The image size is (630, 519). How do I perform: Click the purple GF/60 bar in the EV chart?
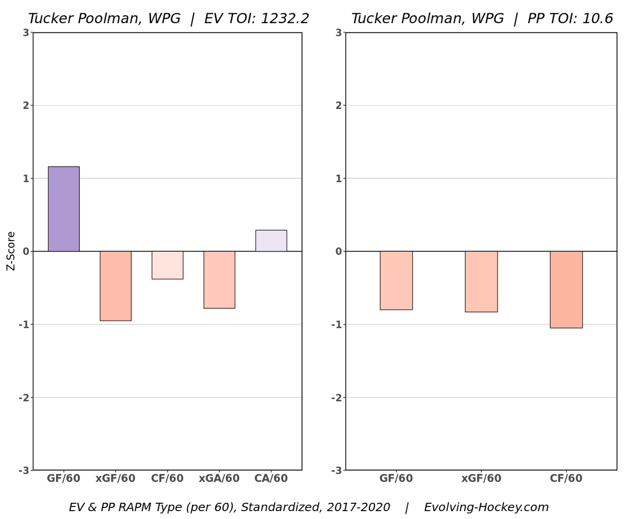pyautogui.click(x=64, y=209)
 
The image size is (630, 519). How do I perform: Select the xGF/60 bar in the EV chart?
pyautogui.click(x=115, y=286)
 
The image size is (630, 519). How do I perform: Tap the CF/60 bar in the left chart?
pyautogui.click(x=167, y=265)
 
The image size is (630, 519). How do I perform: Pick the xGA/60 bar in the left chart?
pyautogui.click(x=219, y=279)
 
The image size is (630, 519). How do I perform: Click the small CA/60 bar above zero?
pyautogui.click(x=271, y=241)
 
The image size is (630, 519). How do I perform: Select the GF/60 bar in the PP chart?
pyautogui.click(x=396, y=281)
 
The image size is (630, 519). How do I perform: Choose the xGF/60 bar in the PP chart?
pyautogui.click(x=481, y=282)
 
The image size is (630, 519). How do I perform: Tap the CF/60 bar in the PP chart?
pyautogui.click(x=566, y=289)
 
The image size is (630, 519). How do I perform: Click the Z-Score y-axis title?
pyautogui.click(x=11, y=251)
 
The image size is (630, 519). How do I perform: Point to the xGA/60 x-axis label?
pyautogui.click(x=219, y=479)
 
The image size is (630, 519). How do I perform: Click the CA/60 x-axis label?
pyautogui.click(x=271, y=479)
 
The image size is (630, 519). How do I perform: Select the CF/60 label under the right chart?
pyautogui.click(x=566, y=479)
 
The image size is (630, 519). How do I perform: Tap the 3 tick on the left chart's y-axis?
pyautogui.click(x=25, y=33)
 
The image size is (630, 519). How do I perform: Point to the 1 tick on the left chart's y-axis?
pyautogui.click(x=25, y=179)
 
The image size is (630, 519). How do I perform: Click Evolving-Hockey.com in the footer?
pyautogui.click(x=486, y=507)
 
